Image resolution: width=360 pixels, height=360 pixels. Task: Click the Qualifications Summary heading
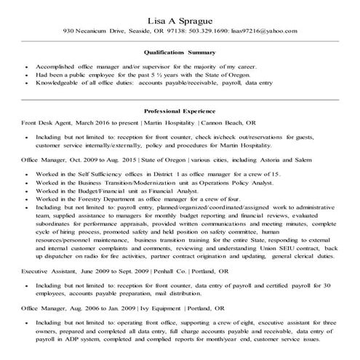tap(180, 52)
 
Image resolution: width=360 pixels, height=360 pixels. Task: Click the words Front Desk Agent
tap(47, 124)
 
